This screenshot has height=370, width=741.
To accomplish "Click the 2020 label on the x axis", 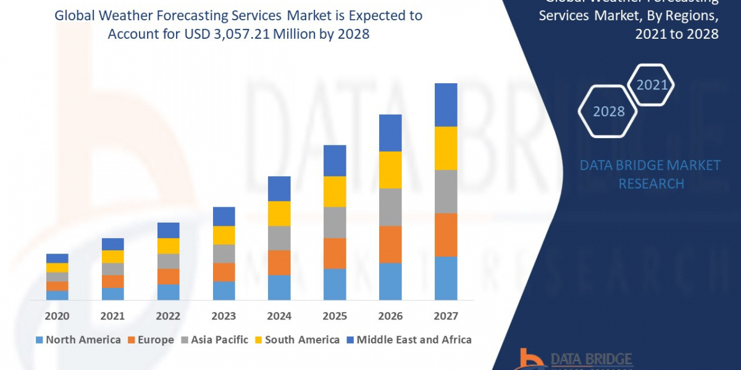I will point(57,316).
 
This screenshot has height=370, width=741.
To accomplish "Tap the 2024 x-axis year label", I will point(279,316).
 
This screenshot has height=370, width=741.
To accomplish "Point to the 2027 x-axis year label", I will point(446,316).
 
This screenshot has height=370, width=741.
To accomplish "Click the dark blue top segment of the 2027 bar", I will point(446,105).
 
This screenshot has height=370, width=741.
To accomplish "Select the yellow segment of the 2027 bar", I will point(446,148).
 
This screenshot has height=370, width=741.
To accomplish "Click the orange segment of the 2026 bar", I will point(390,244).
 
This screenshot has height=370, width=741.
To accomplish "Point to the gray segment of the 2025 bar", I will point(335,222).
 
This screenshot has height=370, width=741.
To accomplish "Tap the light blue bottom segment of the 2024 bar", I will point(279,287).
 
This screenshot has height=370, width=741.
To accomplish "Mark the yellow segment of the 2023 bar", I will point(224,235).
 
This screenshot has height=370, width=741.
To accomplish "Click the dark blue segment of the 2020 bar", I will point(57,258).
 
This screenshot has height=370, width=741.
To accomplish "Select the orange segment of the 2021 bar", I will point(112,281).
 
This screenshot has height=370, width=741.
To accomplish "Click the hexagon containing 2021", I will point(651,85).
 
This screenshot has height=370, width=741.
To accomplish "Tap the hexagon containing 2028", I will point(608,112).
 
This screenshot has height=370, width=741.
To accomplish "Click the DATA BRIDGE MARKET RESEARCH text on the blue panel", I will point(651,175).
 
